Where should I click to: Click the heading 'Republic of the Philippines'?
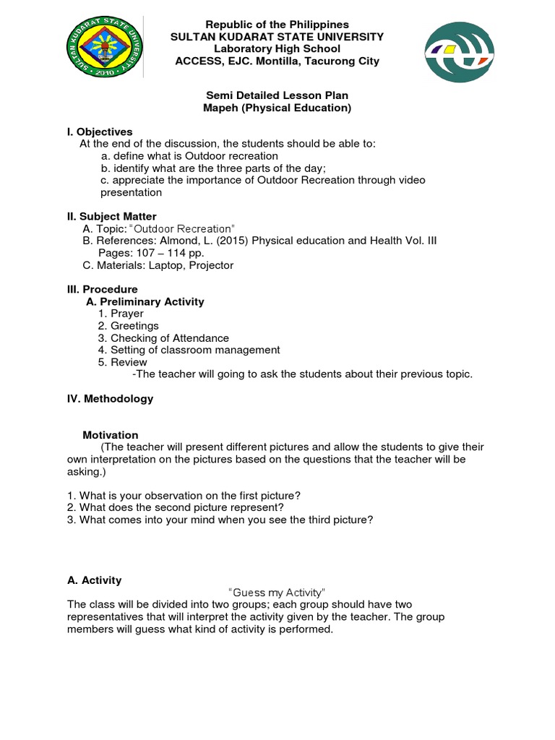(278, 25)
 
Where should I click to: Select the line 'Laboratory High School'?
(278, 49)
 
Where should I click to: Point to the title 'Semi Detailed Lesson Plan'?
(278, 95)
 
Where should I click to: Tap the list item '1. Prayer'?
(121, 314)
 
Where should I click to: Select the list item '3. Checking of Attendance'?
(163, 338)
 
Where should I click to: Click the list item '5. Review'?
(122, 362)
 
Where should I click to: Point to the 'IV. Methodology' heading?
(111, 398)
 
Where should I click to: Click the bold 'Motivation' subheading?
(111, 435)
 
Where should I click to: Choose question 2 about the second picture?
(175, 507)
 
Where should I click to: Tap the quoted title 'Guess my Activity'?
(278, 593)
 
